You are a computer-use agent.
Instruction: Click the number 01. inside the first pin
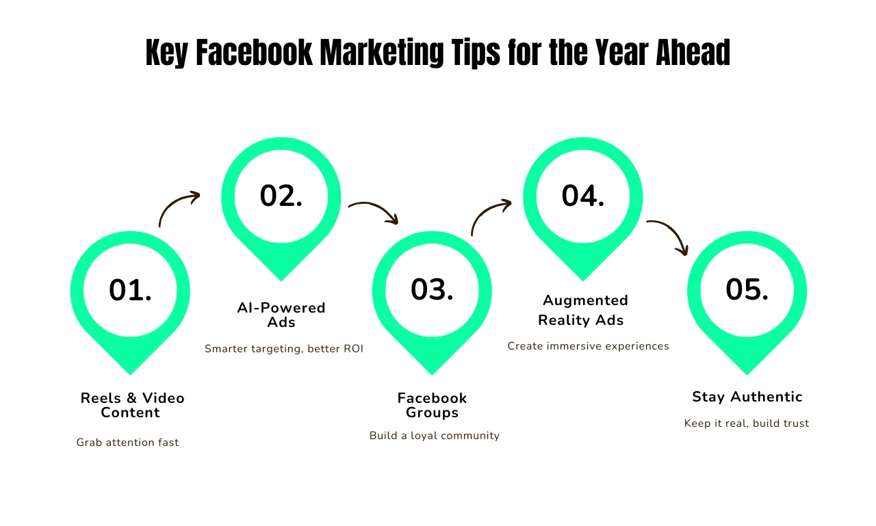click(130, 290)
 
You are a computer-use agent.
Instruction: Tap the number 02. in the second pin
click(281, 196)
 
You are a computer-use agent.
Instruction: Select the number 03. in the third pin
click(432, 289)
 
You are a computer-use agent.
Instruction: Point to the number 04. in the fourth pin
click(583, 196)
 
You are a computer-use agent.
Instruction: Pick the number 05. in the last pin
click(747, 289)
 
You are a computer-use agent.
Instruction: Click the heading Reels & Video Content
click(132, 405)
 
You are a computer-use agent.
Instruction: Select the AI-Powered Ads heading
click(281, 315)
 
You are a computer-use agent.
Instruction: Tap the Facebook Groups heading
click(432, 405)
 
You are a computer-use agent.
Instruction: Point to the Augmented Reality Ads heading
click(582, 310)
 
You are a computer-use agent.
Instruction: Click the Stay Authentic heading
click(747, 397)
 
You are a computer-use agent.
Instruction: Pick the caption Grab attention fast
click(127, 443)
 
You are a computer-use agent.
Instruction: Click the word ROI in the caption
click(354, 349)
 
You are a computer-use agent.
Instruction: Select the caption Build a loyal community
click(435, 436)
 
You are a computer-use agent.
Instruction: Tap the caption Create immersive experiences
click(588, 346)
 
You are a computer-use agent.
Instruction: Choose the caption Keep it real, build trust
click(747, 423)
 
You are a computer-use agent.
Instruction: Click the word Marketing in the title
click(382, 53)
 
